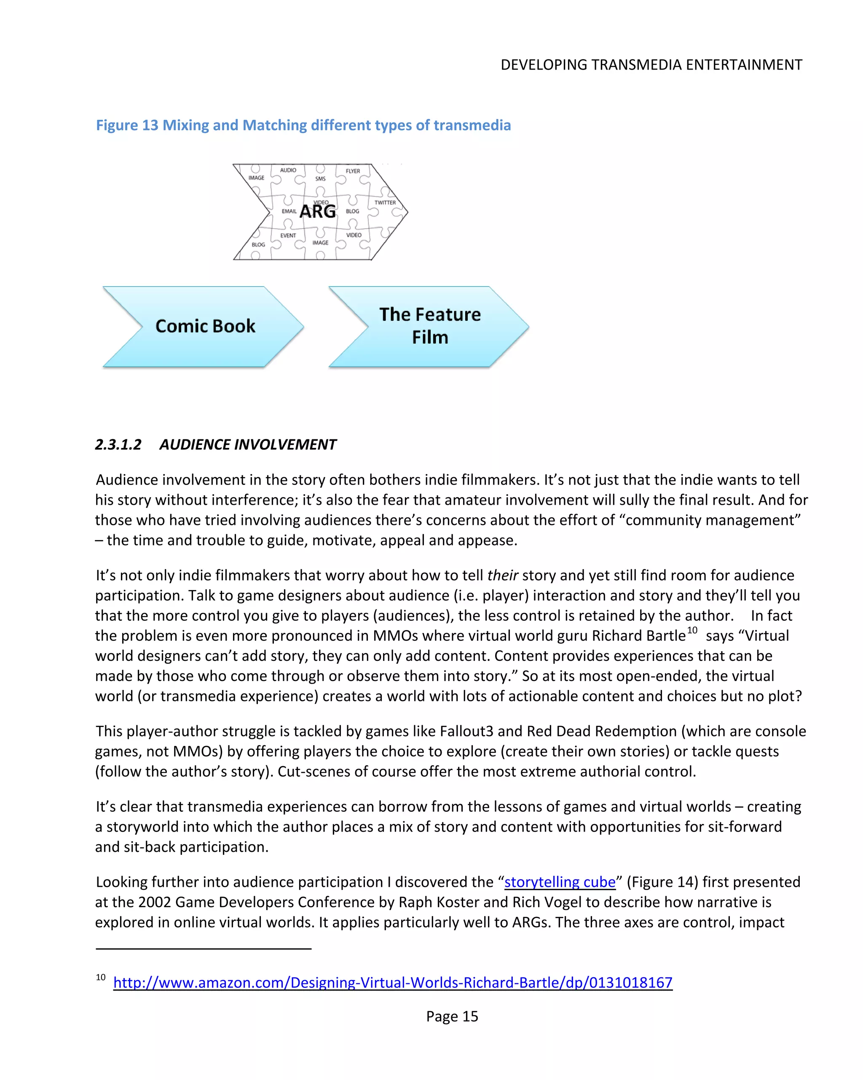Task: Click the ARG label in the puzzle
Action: pyautogui.click(x=318, y=211)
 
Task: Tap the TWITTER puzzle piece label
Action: pyautogui.click(x=385, y=202)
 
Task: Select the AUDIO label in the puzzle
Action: pyautogui.click(x=288, y=170)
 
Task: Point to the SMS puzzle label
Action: pyautogui.click(x=320, y=179)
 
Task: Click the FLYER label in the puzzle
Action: pyautogui.click(x=353, y=171)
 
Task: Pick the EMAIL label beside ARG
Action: pyautogui.click(x=289, y=211)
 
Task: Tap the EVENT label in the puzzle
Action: pyautogui.click(x=288, y=235)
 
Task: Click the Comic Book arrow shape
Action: pyautogui.click(x=205, y=326)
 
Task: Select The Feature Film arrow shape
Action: pyautogui.click(x=429, y=326)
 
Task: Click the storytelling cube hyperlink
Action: pyautogui.click(x=560, y=882)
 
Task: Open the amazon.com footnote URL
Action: pyautogui.click(x=392, y=983)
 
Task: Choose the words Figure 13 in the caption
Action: pyautogui.click(x=127, y=125)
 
